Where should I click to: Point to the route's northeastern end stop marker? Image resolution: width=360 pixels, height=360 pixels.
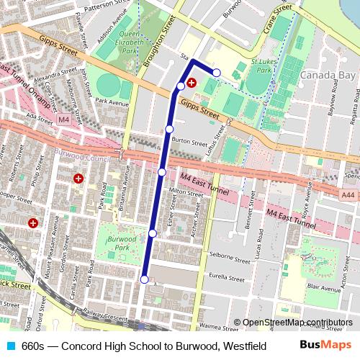(x=216, y=73)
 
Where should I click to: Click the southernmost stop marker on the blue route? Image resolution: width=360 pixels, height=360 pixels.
(x=144, y=279)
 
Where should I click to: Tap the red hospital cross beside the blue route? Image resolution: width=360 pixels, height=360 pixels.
(x=192, y=83)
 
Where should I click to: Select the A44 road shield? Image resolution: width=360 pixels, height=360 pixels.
(x=349, y=194)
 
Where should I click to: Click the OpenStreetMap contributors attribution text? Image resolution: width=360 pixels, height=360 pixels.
(x=293, y=323)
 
